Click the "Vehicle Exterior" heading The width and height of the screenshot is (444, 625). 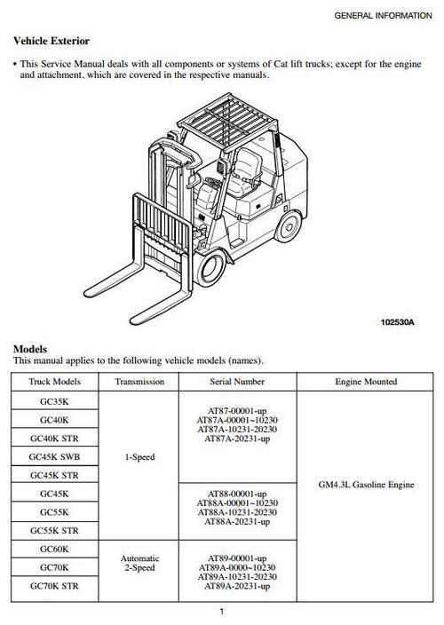[51, 41]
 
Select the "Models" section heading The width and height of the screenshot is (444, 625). [30, 349]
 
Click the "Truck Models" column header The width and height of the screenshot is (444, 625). [54, 382]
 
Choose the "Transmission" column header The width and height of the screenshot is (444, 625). [139, 382]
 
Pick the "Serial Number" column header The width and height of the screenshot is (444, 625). [236, 382]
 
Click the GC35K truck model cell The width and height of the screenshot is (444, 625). [54, 401]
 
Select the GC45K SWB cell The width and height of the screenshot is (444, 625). [54, 457]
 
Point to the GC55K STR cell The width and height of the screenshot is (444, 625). [54, 531]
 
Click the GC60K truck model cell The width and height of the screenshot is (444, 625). [54, 550]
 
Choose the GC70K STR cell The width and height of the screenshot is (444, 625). [54, 587]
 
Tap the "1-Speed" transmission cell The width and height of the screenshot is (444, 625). [139, 457]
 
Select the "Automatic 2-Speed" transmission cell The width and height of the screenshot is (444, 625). [139, 564]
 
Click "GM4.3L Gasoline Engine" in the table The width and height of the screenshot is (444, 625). [365, 486]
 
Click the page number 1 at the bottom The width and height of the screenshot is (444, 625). [221, 611]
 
